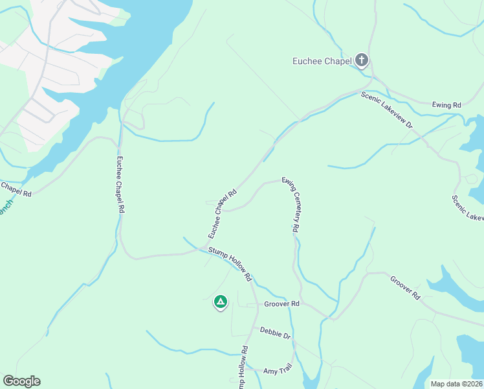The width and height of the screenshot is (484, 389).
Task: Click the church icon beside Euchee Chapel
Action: tap(361, 62)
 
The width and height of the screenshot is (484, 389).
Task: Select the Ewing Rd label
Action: tap(446, 104)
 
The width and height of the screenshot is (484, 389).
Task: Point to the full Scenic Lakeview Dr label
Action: tap(386, 110)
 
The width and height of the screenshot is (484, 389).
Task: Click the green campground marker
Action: tap(221, 301)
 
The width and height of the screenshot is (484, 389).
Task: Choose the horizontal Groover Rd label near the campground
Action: tap(281, 303)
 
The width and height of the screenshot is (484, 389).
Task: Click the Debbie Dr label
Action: tap(274, 333)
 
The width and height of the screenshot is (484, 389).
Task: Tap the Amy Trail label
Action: tap(278, 370)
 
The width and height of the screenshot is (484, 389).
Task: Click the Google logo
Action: tap(21, 381)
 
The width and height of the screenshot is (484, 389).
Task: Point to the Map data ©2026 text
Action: tap(456, 384)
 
